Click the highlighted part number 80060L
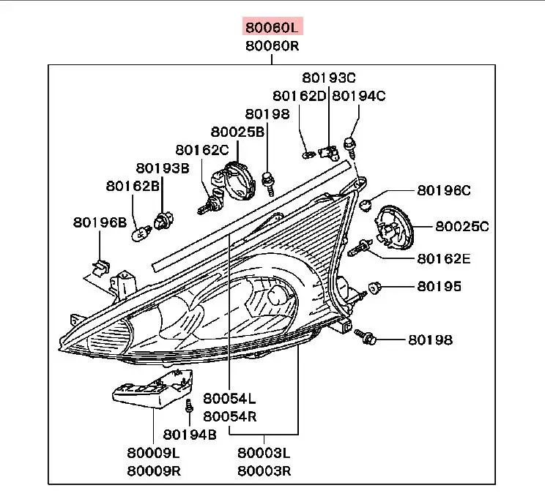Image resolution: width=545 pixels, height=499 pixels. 272,29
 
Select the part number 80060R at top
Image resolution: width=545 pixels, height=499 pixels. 272,46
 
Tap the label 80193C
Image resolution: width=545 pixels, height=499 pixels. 329,78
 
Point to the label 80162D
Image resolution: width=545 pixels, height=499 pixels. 299,95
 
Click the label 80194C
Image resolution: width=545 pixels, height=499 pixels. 359,95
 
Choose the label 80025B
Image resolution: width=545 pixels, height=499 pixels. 237,132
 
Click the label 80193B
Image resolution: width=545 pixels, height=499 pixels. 163,168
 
